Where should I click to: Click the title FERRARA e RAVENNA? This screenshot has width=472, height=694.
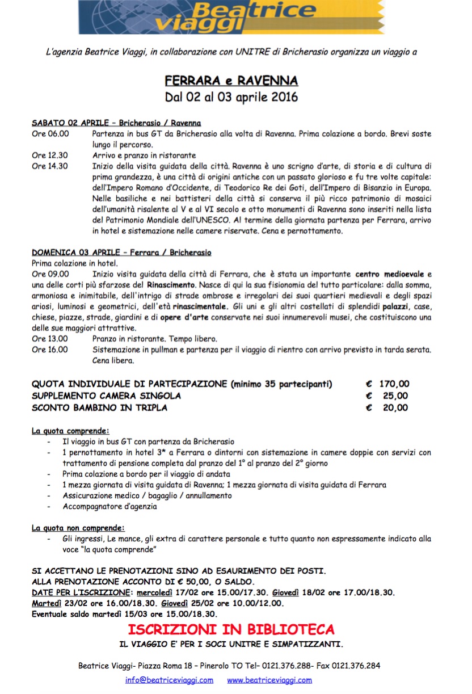(231, 80)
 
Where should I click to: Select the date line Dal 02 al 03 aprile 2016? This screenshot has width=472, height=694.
(231, 96)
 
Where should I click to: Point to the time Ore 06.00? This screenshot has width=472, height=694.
(50, 134)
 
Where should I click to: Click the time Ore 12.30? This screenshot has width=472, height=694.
(50, 155)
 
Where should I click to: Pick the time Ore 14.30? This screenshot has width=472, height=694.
(50, 166)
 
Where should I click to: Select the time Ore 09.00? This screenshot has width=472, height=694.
(50, 274)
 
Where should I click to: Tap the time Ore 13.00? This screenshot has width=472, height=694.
(50, 339)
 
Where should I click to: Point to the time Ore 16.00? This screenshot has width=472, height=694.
(50, 350)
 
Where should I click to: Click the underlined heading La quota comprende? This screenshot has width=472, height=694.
(70, 431)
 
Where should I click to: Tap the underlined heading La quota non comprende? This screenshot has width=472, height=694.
(78, 528)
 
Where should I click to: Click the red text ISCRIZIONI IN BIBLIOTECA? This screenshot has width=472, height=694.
(231, 629)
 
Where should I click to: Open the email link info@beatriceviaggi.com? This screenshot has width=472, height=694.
(170, 680)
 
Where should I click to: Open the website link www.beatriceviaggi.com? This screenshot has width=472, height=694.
(269, 680)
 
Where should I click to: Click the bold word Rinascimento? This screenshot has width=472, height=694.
(171, 285)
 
